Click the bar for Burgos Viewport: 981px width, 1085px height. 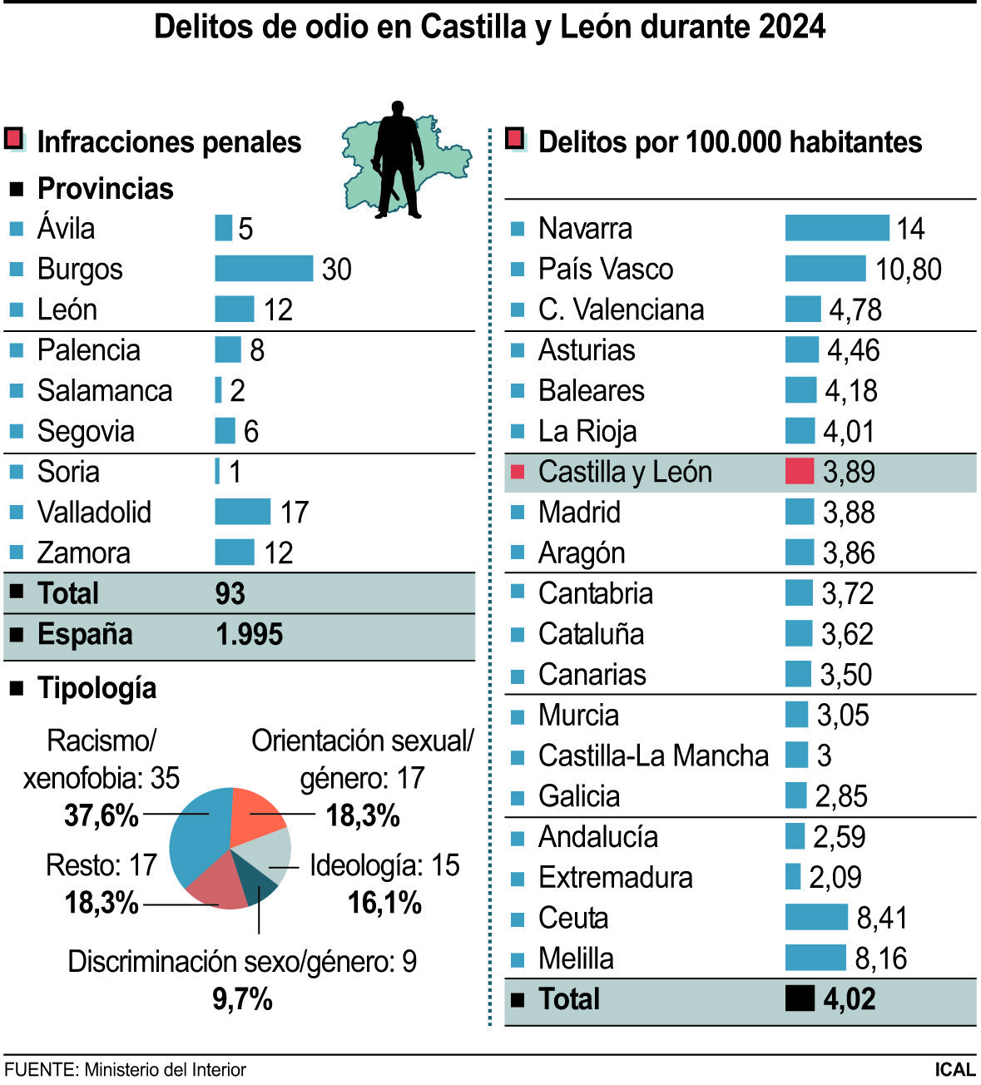(x=264, y=269)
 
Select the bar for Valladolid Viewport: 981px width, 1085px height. (x=242, y=512)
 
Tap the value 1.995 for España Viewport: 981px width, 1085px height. (x=249, y=635)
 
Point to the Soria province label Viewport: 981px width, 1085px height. (x=68, y=472)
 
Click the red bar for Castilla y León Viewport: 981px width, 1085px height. (x=799, y=472)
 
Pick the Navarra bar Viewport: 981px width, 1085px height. (x=836, y=228)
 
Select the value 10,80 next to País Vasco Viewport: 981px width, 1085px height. (x=908, y=269)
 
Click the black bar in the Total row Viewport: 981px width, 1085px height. (x=800, y=998)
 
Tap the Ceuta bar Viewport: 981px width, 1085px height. (x=816, y=918)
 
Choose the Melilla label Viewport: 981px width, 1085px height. (x=576, y=959)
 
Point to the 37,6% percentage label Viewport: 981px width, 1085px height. (x=101, y=815)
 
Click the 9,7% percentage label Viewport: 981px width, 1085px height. (x=242, y=998)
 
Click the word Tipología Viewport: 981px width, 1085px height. (x=97, y=688)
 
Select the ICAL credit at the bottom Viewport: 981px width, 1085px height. (x=954, y=1069)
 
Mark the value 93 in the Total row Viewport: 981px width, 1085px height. (x=230, y=593)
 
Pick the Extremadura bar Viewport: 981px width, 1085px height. (x=793, y=877)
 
